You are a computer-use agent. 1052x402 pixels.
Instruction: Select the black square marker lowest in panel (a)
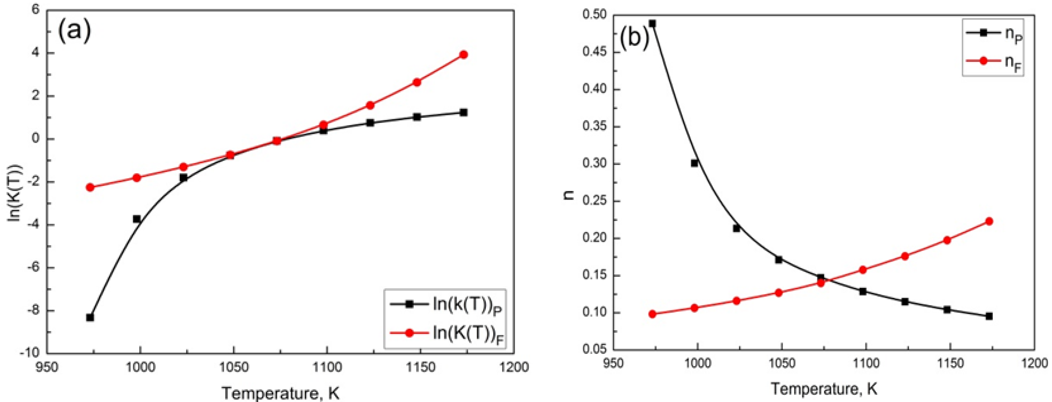(x=90, y=317)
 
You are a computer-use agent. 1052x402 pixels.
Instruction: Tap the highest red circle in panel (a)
(x=463, y=55)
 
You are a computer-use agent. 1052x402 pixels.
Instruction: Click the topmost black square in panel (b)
(x=652, y=24)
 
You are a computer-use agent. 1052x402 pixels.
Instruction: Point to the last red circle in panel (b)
(x=989, y=221)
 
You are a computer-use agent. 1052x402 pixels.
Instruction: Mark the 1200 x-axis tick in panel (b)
(x=1035, y=363)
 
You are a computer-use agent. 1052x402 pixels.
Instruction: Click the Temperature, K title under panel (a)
(x=281, y=393)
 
